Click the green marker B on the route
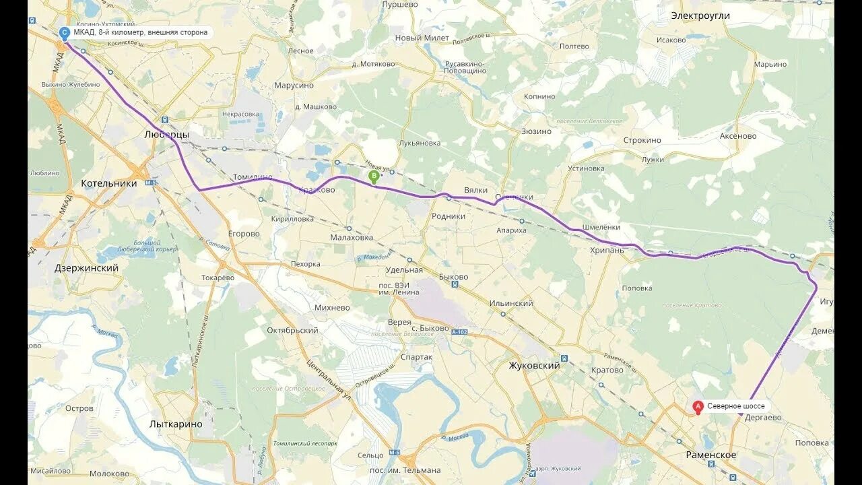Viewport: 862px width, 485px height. (x=374, y=176)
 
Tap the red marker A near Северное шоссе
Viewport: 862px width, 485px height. (x=698, y=406)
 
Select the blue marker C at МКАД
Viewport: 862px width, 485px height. (x=65, y=32)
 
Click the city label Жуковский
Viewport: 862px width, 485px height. (x=534, y=366)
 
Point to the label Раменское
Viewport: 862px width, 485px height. (x=710, y=455)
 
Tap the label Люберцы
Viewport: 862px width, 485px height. (x=166, y=135)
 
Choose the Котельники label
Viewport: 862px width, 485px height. (x=108, y=183)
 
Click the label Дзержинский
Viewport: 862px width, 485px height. (x=86, y=268)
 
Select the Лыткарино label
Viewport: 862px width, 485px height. (x=176, y=424)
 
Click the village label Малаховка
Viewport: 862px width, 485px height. (x=352, y=237)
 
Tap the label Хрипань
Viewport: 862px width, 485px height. (x=607, y=250)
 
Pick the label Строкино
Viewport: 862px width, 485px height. (x=642, y=141)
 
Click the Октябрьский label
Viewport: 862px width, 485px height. (x=292, y=331)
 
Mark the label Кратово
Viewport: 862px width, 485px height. (x=607, y=370)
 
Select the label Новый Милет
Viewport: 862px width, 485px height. (x=422, y=38)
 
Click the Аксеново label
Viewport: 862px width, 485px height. (x=737, y=136)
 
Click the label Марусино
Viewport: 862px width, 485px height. (x=294, y=86)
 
